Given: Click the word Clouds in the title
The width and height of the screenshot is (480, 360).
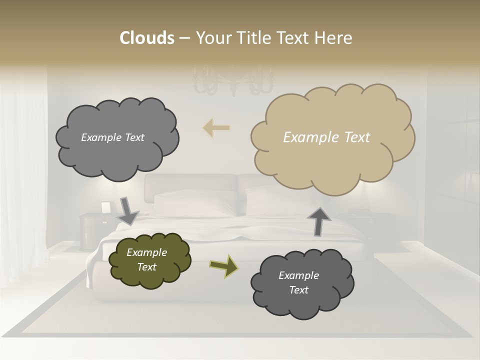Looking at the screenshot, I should [x=146, y=38].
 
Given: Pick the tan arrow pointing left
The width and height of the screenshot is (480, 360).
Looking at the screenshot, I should [x=216, y=127].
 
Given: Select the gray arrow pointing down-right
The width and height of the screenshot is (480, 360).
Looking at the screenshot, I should [x=128, y=211].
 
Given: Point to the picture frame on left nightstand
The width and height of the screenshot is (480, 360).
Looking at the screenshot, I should [x=106, y=207].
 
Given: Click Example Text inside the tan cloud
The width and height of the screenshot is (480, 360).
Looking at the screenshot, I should [x=326, y=137].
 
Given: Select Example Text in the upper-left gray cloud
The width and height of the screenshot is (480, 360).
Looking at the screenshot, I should [x=112, y=137].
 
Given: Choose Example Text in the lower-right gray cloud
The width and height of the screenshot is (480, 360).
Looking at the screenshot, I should [x=298, y=282].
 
